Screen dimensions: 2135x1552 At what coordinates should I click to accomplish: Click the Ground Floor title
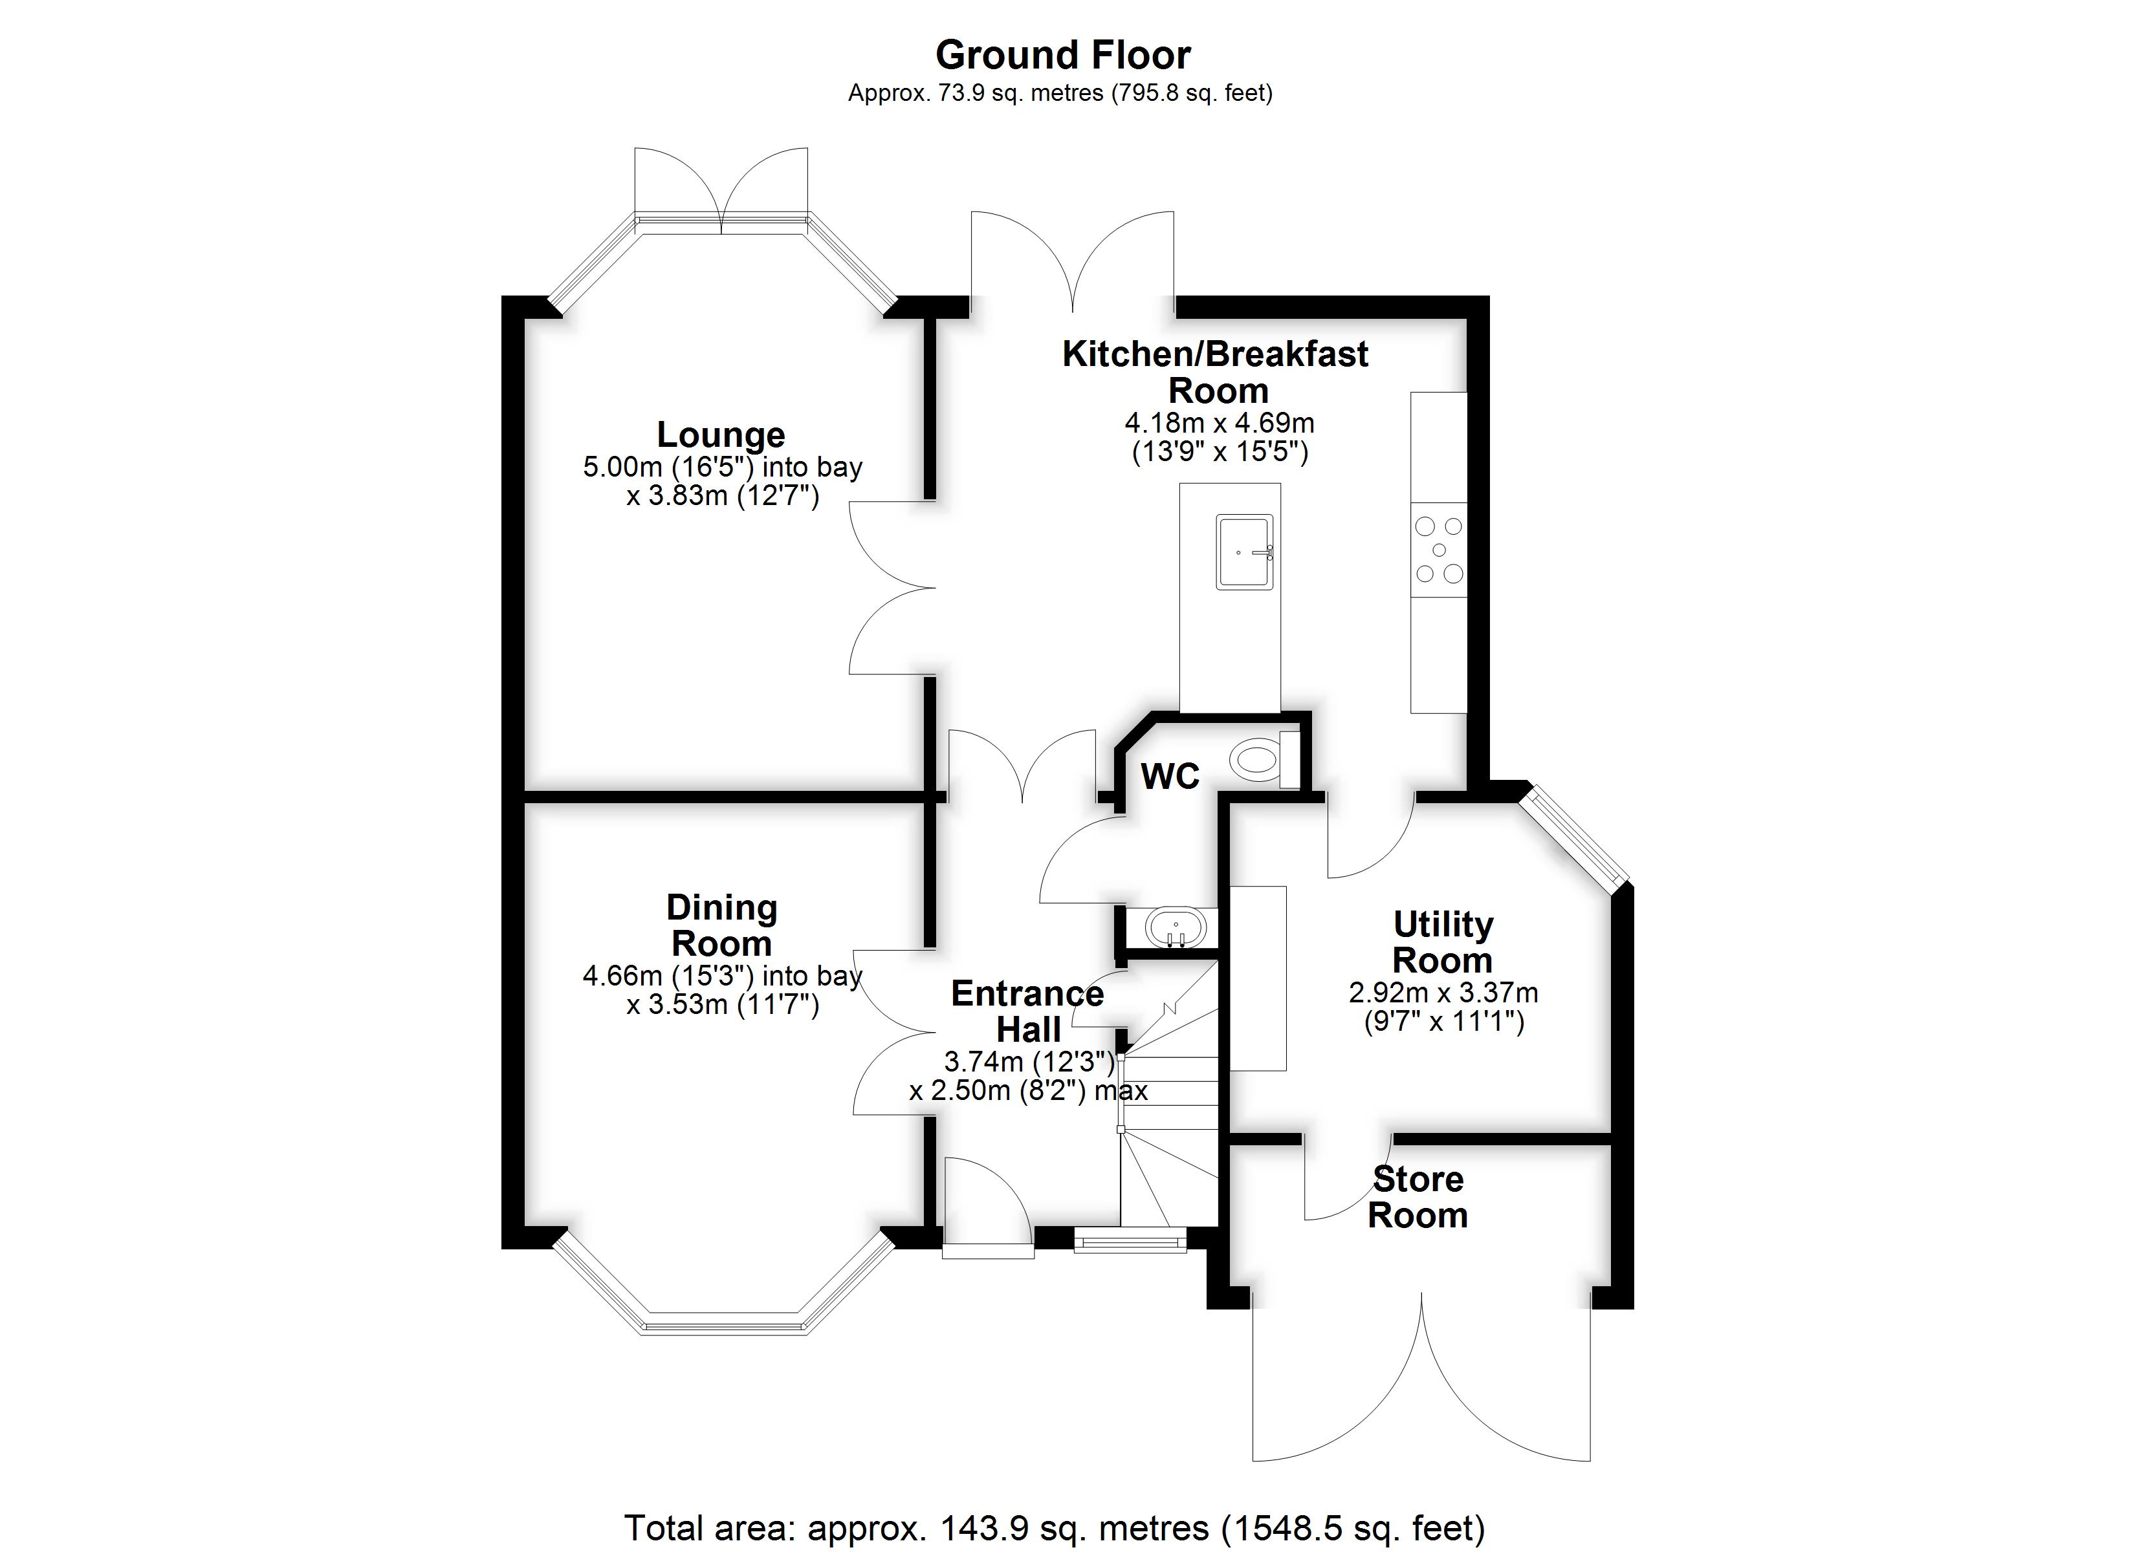pos(1063,56)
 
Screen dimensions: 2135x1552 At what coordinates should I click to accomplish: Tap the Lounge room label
pos(721,434)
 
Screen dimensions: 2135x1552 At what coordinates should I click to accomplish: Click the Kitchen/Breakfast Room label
pos(1215,372)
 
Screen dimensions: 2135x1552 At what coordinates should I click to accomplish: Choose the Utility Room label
pos(1443,942)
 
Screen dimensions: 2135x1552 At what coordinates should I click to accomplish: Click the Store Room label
pos(1418,1196)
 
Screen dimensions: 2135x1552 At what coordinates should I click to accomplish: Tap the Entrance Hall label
pos(1028,1011)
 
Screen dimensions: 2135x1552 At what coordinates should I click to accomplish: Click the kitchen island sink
pos(1245,552)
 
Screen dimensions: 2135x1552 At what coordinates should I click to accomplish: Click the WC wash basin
pos(1174,928)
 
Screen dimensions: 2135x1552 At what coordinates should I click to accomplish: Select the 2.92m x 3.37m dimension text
pos(1443,992)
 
